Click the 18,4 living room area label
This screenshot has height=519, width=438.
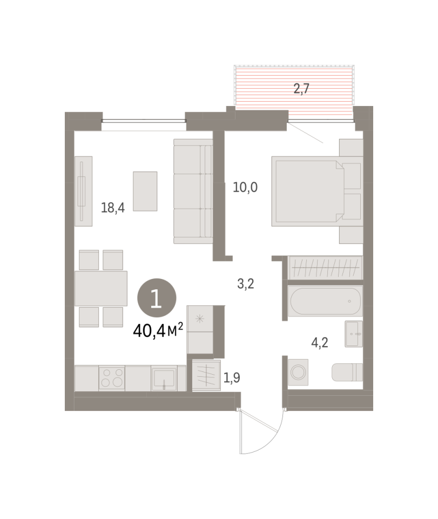coord(113,208)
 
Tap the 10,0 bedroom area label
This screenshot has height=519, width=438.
coord(245,188)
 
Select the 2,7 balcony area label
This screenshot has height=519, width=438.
coord(301,89)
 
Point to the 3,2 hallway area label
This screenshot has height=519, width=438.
coord(246,284)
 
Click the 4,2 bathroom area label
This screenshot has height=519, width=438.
coord(320,343)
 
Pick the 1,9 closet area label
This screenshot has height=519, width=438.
coord(232,377)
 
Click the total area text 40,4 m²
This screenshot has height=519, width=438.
coord(158,330)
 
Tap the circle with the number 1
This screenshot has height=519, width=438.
coord(157,298)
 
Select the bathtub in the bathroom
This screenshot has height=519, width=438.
coord(325,301)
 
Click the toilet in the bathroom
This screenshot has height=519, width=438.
coord(347,372)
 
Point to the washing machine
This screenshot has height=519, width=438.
coord(298,372)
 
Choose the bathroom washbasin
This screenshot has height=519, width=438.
coord(353,334)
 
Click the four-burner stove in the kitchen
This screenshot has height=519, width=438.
coord(112,378)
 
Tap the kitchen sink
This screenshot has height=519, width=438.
coord(164,378)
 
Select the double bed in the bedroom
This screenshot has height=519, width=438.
coord(318,191)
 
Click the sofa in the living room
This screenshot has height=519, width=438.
coord(193,191)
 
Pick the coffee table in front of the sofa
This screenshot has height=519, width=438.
coord(145,191)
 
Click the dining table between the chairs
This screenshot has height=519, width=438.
coord(101,288)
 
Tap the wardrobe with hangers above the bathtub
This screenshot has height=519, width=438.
coord(325,268)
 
